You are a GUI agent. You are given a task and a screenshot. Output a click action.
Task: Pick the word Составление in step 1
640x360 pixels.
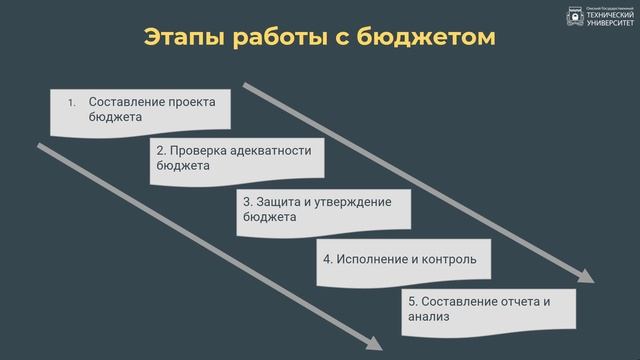click(x=123, y=101)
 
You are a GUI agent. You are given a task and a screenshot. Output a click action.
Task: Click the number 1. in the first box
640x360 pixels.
click(x=71, y=102)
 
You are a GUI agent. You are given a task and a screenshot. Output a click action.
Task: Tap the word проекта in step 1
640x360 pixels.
click(x=192, y=101)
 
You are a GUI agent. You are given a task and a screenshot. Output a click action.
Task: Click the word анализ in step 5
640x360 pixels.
click(x=429, y=317)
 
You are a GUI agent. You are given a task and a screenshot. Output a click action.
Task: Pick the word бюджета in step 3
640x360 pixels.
click(x=270, y=217)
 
